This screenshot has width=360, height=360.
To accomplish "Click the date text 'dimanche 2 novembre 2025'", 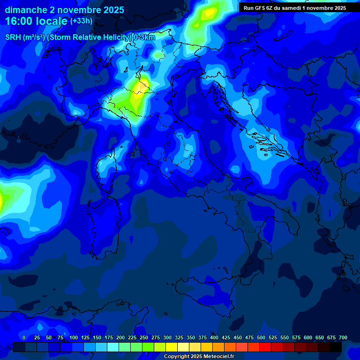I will (x=64, y=10).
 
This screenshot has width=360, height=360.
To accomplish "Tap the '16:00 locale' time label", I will (x=36, y=21).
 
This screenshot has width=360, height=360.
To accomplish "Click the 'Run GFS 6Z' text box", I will (x=295, y=7).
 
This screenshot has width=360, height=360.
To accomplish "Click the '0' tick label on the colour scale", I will (x=24, y=337).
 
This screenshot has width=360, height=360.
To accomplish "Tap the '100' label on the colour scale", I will (x=74, y=337).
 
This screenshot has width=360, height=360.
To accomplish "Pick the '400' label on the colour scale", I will (x=214, y=337).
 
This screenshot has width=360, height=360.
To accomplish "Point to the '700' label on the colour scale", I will (x=343, y=337).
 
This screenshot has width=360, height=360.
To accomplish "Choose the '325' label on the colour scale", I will (x=179, y=337).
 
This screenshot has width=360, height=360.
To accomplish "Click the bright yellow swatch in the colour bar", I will (x=172, y=347).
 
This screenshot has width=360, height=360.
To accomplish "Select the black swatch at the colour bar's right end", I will (x=336, y=347).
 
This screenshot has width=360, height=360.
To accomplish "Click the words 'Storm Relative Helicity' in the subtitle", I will (x=89, y=37).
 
